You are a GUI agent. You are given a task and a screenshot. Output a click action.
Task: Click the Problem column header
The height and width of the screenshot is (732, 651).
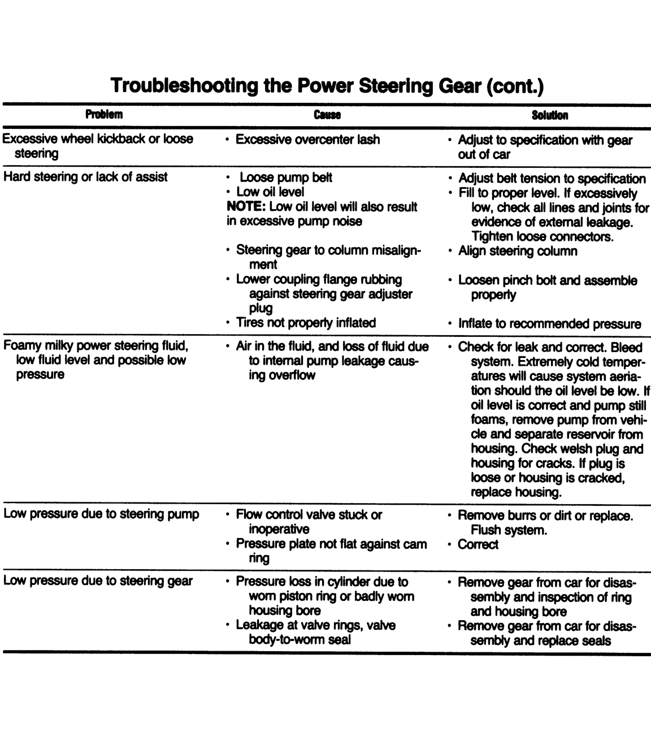[103, 115]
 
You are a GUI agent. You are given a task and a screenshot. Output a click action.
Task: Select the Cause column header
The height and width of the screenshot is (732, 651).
[327, 115]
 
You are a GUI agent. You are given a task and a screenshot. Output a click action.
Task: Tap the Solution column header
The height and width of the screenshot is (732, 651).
[549, 115]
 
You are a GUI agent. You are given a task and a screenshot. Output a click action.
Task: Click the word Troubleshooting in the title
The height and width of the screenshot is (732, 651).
[184, 86]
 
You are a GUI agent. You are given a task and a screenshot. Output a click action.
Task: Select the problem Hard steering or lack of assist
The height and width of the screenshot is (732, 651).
[85, 177]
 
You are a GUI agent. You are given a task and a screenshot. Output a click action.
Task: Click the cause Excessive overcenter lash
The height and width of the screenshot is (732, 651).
[307, 140]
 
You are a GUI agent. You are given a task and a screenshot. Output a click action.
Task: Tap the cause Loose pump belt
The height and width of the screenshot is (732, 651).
[285, 177]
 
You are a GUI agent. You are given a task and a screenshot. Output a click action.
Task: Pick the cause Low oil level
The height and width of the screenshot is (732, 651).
[270, 192]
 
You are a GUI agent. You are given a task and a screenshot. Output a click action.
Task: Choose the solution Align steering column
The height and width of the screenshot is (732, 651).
[518, 251]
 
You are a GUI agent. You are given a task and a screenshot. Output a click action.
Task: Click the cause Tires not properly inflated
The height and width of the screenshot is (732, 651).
[306, 323]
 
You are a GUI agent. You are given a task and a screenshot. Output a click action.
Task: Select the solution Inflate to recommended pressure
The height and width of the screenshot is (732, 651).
[549, 324]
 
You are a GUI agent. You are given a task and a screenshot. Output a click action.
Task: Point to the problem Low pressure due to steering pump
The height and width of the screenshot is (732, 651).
[101, 514]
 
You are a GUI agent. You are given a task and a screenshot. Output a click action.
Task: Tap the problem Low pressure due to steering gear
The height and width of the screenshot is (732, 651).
[98, 581]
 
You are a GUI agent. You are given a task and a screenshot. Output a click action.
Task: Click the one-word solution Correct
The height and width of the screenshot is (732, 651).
[478, 545]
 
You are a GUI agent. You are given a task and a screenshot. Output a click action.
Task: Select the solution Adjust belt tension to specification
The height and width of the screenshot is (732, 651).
[552, 179]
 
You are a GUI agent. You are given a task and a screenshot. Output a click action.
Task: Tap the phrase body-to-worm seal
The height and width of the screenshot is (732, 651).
[300, 640]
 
